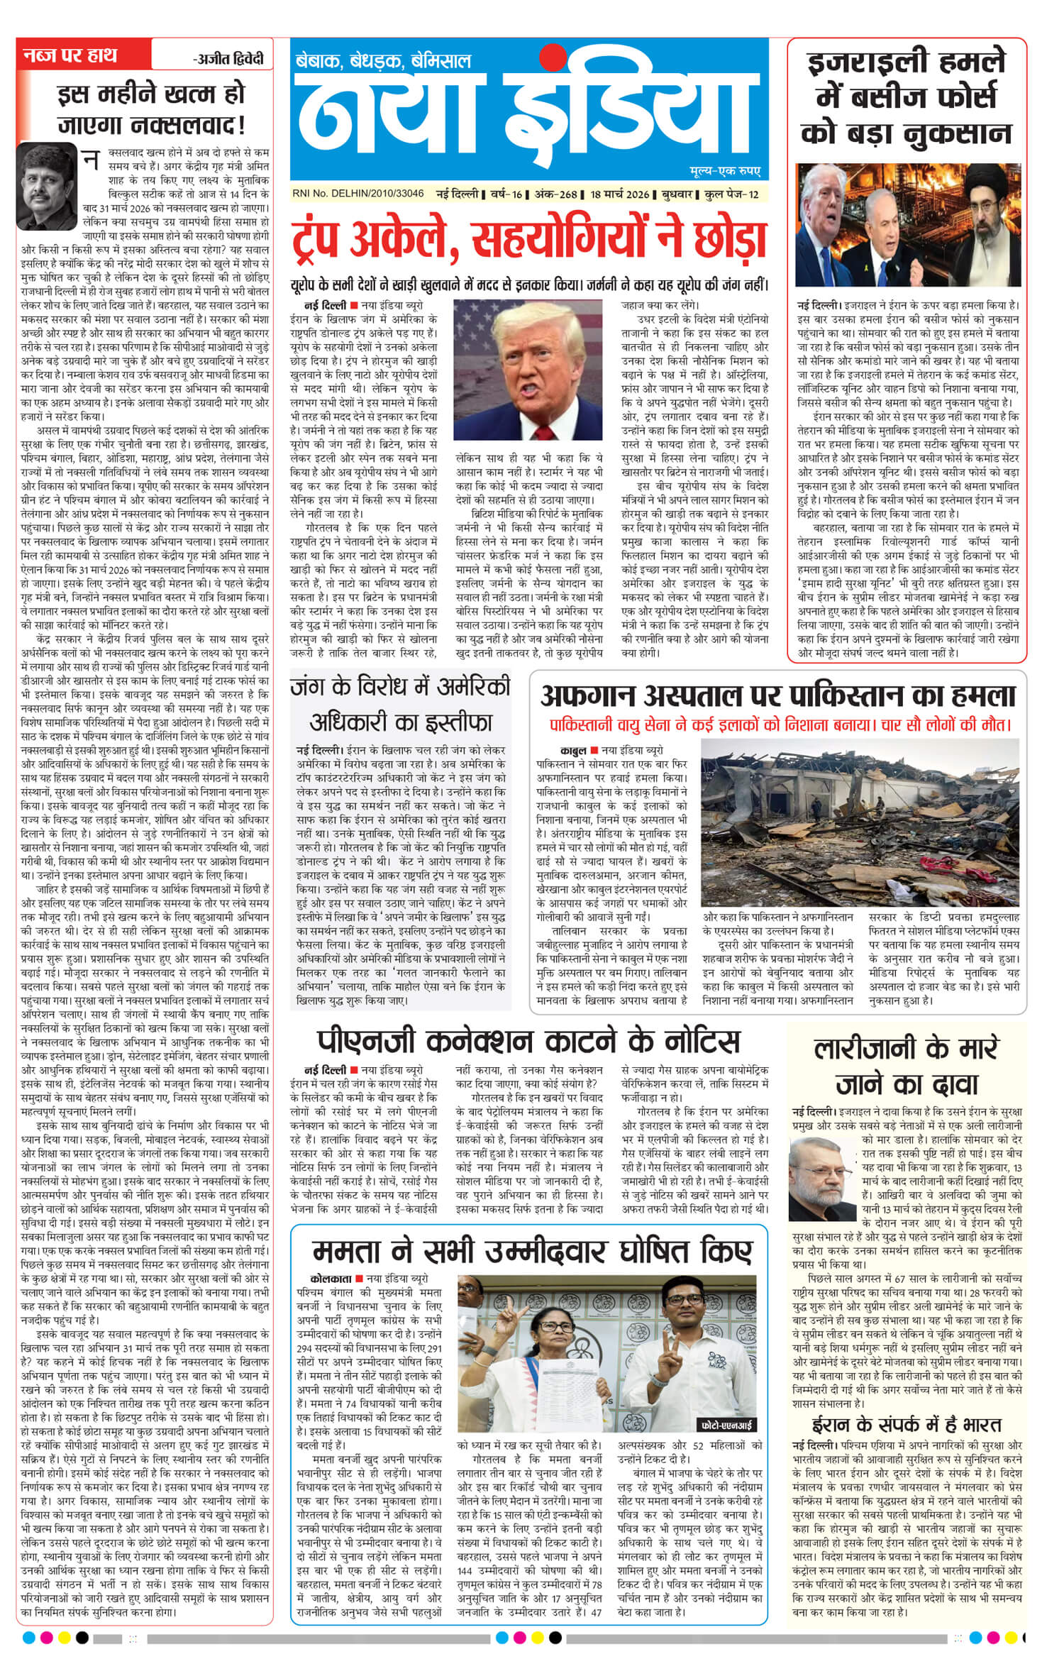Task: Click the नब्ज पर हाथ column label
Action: pyautogui.click(x=71, y=57)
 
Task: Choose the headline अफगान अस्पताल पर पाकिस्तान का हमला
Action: pyautogui.click(x=778, y=696)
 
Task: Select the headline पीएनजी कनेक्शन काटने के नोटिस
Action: pyautogui.click(x=528, y=1042)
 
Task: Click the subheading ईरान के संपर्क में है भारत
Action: pyautogui.click(x=907, y=1406)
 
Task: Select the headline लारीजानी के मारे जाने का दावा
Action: pyautogui.click(x=907, y=1066)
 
